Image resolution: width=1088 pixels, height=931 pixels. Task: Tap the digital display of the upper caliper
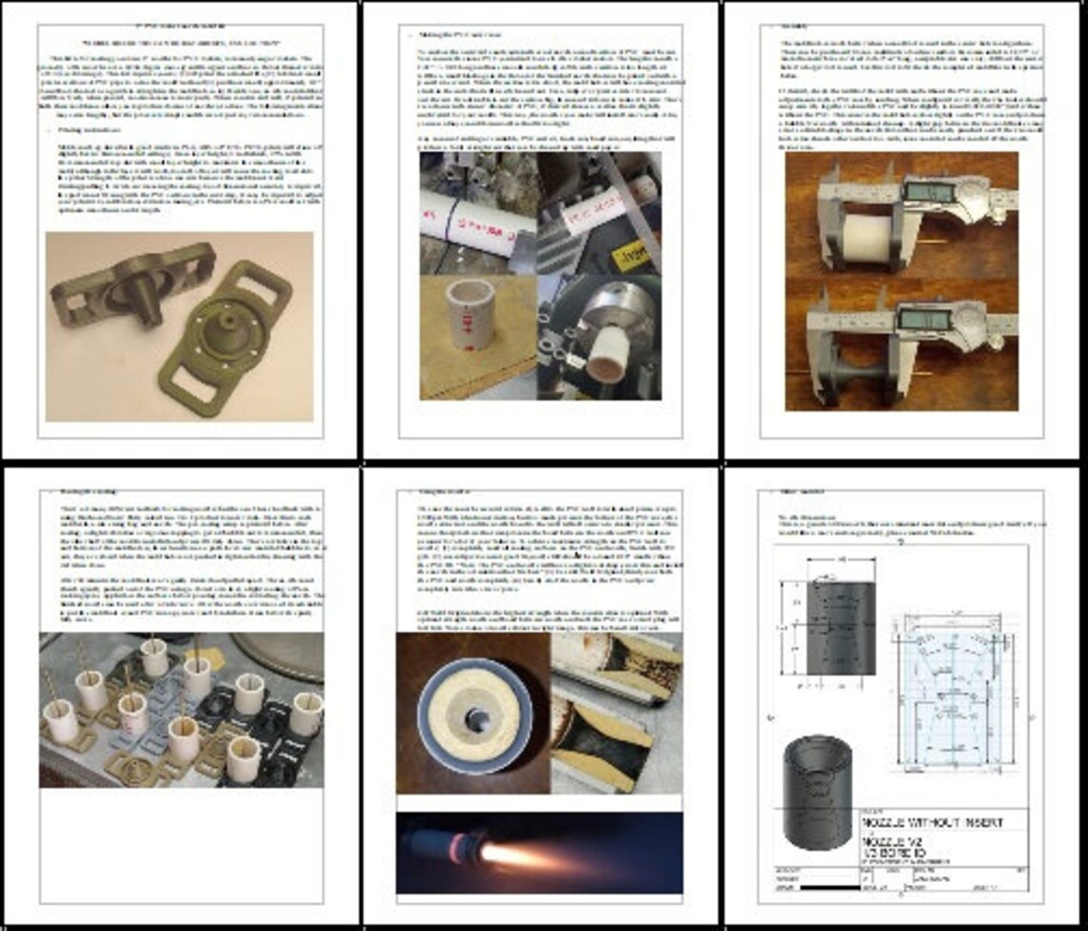pyautogui.click(x=931, y=192)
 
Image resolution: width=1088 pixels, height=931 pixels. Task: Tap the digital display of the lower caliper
pyautogui.click(x=931, y=320)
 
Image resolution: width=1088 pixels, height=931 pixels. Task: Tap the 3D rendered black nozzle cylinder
pyautogui.click(x=816, y=792)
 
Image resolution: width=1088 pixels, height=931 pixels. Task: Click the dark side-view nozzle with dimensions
pyautogui.click(x=840, y=627)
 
